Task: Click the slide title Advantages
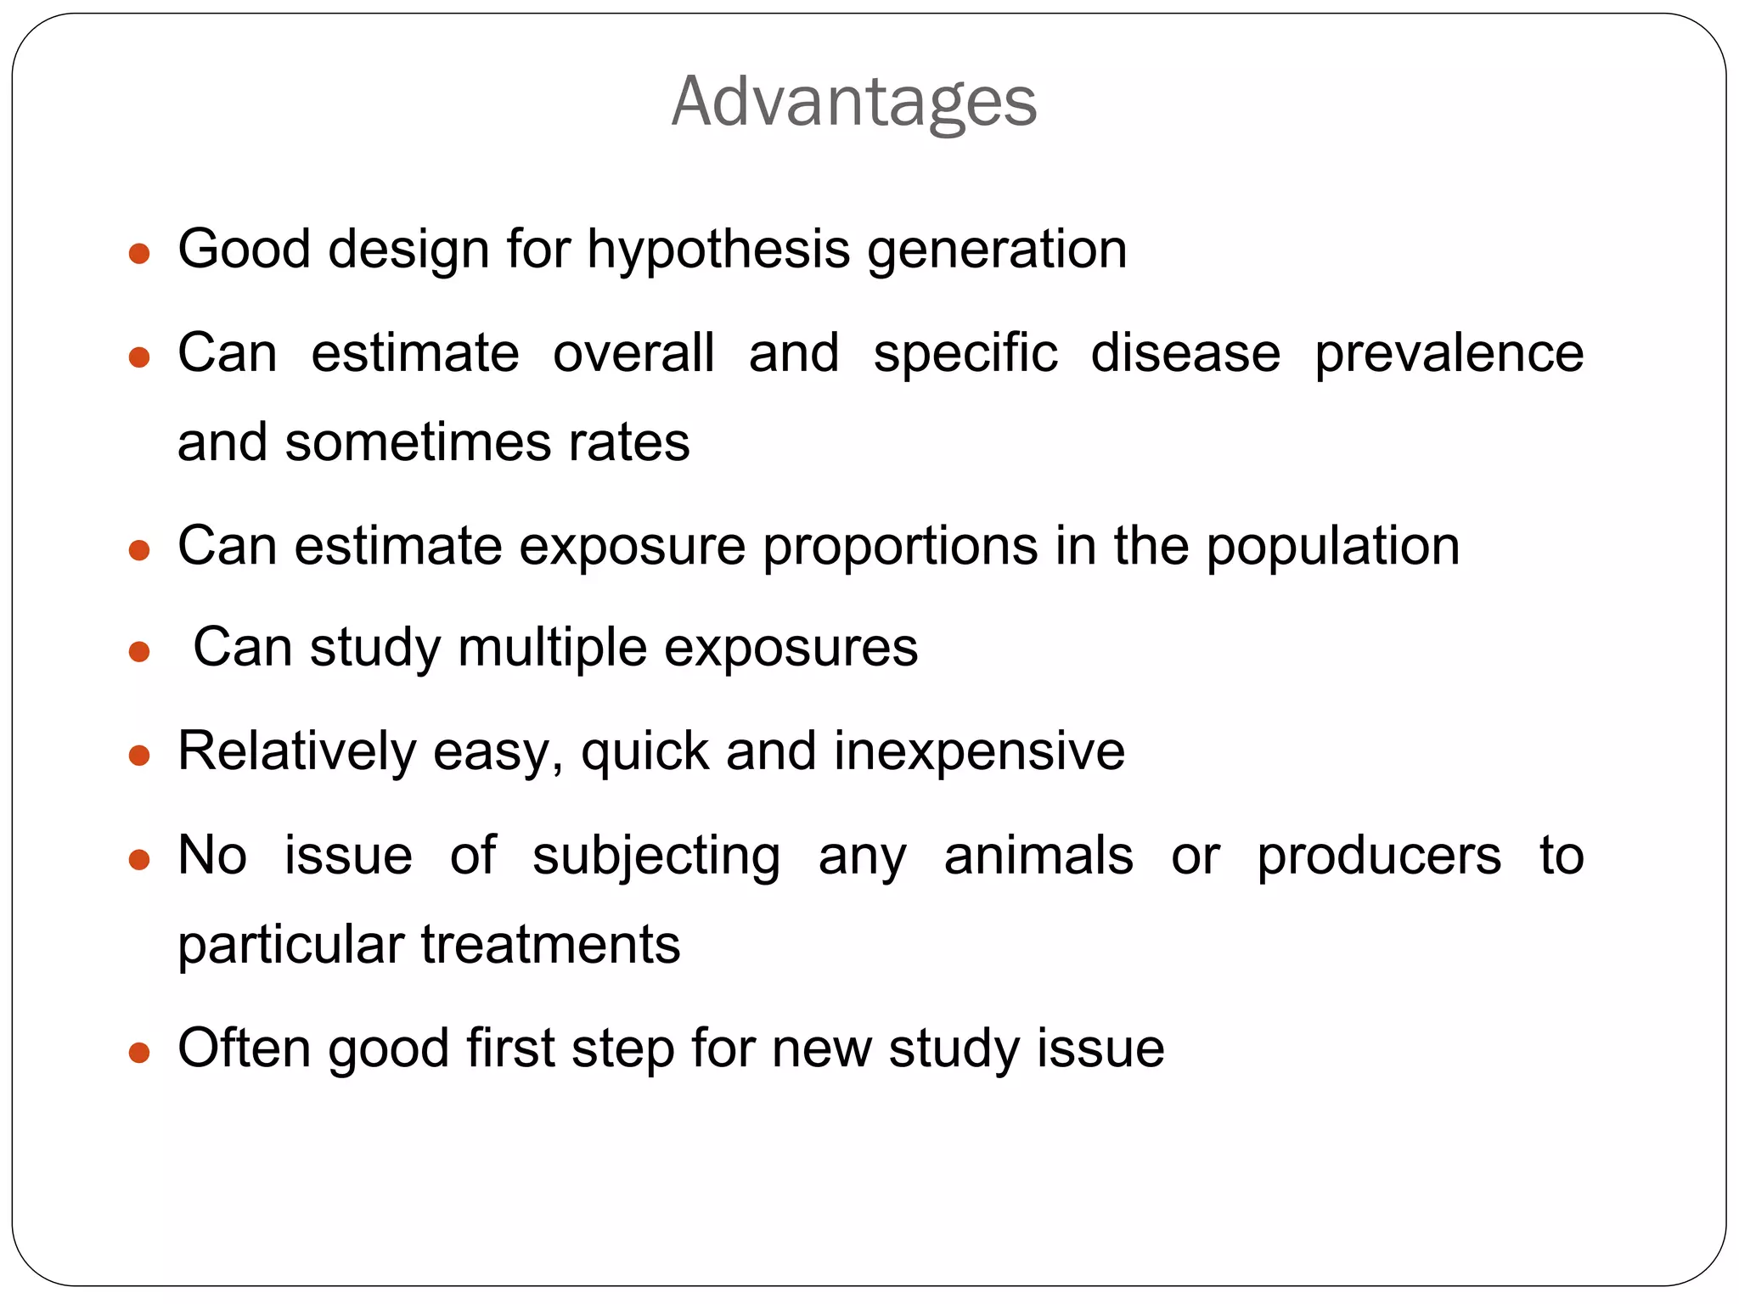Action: click(853, 102)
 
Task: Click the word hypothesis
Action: click(718, 250)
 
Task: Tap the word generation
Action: click(997, 250)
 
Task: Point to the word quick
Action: click(644, 751)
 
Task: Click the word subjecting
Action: click(656, 855)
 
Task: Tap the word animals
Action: click(1038, 855)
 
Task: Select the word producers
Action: click(1379, 855)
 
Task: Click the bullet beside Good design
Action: click(139, 253)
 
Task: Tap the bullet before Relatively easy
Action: click(139, 755)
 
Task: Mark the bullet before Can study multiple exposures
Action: click(139, 652)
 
